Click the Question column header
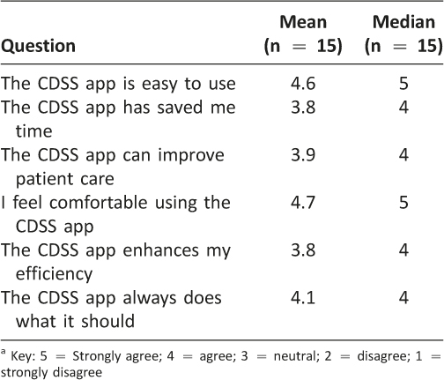click(38, 46)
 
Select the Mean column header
click(303, 34)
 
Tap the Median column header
click(403, 34)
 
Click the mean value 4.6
click(303, 84)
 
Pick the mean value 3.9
click(303, 155)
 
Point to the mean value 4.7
click(303, 203)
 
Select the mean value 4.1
click(303, 298)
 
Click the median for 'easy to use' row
click(403, 84)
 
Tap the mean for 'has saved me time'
click(303, 108)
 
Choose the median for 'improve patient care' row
click(403, 155)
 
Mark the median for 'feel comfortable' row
click(403, 203)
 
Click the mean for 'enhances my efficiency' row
click(303, 250)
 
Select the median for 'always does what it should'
click(403, 298)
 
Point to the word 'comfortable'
click(99, 203)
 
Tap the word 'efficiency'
click(54, 274)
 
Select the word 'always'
click(148, 299)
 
